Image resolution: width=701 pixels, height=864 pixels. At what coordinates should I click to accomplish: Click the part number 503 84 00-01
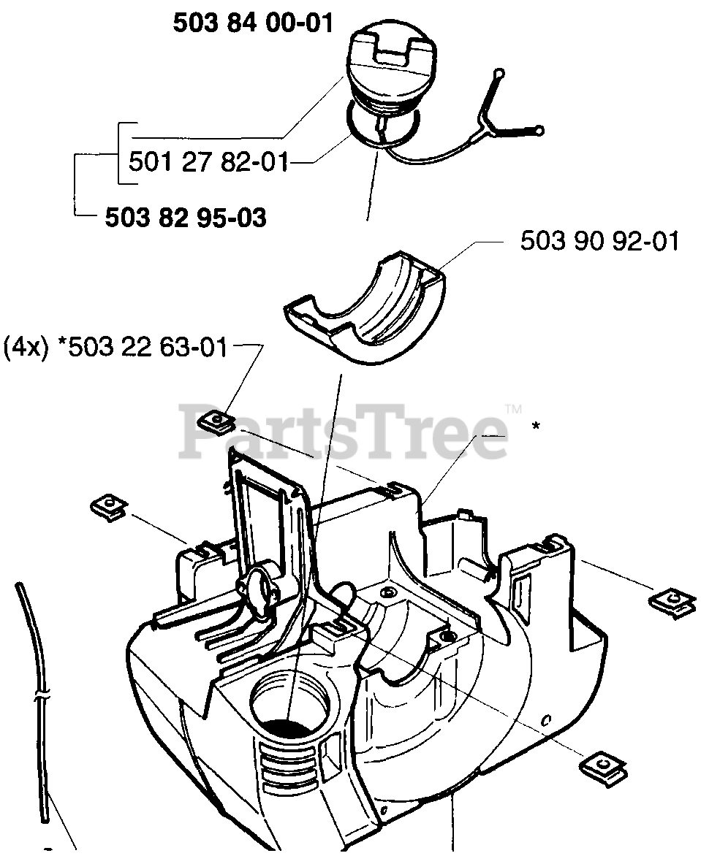point(253,23)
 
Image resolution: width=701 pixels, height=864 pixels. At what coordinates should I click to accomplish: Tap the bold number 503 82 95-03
point(186,217)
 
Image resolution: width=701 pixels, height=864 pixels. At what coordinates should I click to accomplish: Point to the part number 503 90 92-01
point(599,241)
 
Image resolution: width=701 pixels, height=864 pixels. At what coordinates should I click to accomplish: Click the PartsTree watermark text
point(344,435)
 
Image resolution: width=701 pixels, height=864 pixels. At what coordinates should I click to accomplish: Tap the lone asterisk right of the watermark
point(536,427)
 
